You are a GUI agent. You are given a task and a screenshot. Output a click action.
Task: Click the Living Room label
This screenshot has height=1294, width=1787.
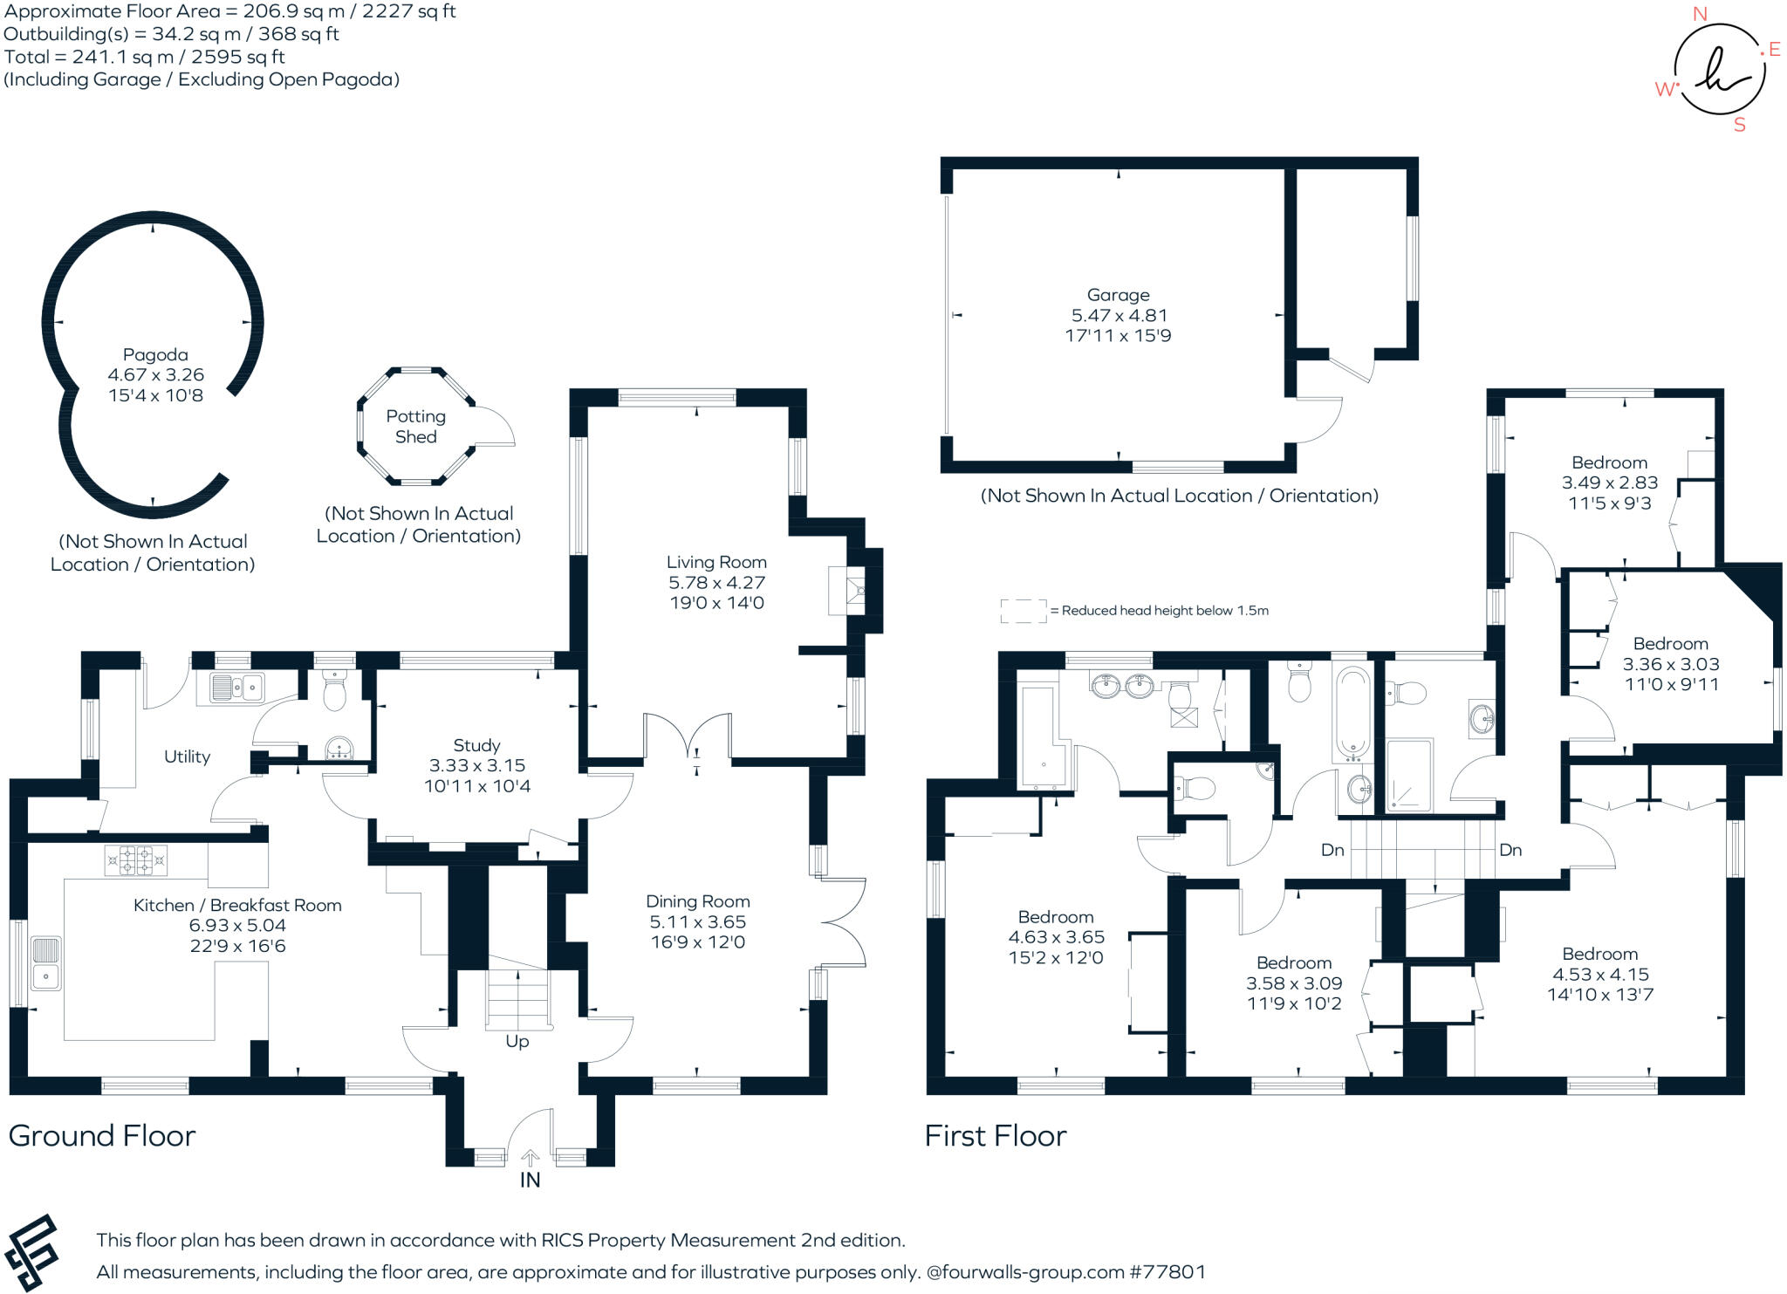click(716, 563)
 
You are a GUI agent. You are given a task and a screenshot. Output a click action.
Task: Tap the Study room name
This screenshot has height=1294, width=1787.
click(476, 745)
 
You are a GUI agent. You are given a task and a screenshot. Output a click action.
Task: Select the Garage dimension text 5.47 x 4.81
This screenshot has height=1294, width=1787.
click(1119, 316)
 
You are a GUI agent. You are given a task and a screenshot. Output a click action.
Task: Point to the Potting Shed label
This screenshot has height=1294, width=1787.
click(415, 427)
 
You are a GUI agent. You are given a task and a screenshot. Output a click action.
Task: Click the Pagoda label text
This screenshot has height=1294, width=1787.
click(155, 355)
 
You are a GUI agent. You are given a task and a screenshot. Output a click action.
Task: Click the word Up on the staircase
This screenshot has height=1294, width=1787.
click(517, 1041)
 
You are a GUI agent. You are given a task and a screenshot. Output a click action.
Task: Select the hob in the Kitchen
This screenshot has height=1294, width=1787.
click(135, 860)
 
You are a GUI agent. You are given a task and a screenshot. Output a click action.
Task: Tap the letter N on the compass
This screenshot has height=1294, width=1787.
click(1699, 14)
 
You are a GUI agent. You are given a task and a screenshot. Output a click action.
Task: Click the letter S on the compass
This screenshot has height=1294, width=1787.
click(1739, 125)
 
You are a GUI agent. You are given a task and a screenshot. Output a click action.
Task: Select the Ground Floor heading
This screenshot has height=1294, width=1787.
click(102, 1135)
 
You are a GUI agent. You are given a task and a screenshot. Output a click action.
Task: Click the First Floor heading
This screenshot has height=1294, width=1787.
click(995, 1135)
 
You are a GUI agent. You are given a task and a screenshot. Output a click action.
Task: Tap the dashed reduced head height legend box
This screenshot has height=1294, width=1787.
click(1023, 611)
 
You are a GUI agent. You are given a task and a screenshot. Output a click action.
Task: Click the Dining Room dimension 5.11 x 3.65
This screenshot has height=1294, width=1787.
click(697, 922)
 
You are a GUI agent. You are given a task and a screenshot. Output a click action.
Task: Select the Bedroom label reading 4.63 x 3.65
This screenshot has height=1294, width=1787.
click(1056, 937)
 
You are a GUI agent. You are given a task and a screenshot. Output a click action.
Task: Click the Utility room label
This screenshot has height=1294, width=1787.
click(187, 757)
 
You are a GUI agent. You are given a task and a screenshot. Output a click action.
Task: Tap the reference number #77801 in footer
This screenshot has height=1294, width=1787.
click(1167, 1272)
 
